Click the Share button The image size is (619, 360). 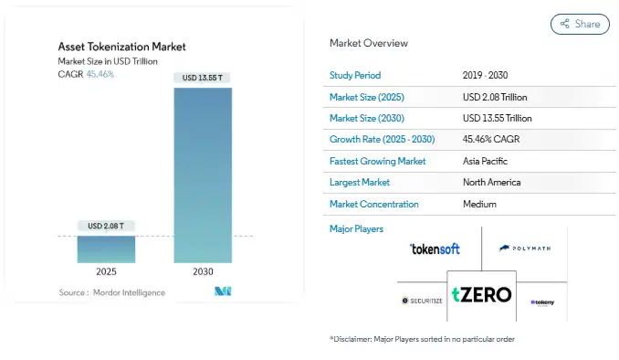point(580,24)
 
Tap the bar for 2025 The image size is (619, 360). point(106,249)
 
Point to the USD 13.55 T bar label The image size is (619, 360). point(201,79)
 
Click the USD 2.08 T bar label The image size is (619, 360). point(106,226)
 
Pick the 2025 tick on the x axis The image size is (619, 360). point(106,271)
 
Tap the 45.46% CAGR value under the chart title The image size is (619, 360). point(100,74)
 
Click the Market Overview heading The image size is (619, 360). point(369,43)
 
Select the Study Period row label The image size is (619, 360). point(355,75)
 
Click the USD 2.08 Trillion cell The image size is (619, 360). point(495,97)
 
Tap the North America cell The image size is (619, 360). point(492,183)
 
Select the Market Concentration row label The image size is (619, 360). point(374,205)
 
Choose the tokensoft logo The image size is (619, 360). point(435,249)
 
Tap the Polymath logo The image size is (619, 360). point(526,248)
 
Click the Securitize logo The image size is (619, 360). point(421,301)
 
